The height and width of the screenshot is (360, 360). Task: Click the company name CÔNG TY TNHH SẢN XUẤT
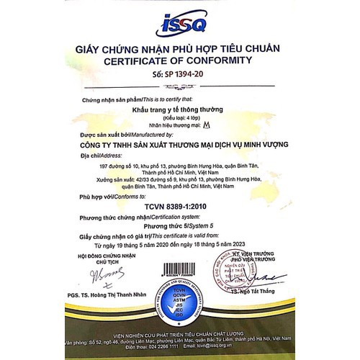(x=181, y=144)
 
